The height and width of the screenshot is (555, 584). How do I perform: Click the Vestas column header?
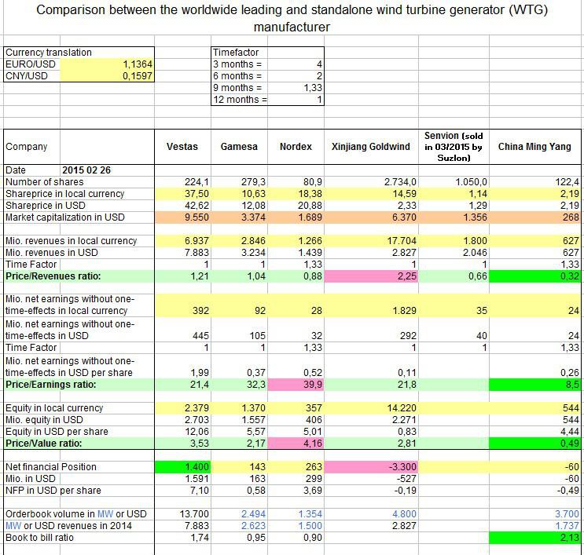click(x=182, y=147)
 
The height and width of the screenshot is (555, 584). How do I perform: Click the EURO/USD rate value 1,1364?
click(x=138, y=64)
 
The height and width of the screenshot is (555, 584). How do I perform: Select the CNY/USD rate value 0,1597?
click(x=138, y=76)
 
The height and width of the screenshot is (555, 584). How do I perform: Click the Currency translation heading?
click(x=48, y=53)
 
